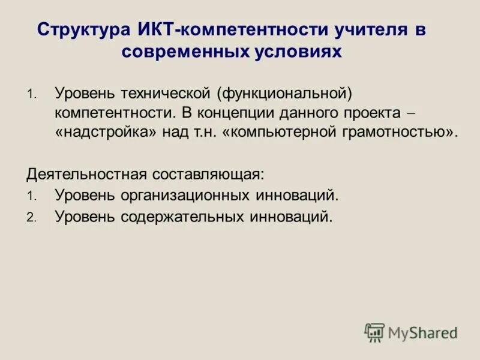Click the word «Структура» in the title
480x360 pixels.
click(x=81, y=30)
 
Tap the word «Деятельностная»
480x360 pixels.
click(x=87, y=175)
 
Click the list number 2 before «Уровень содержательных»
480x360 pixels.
click(x=31, y=218)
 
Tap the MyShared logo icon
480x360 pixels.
click(x=374, y=332)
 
